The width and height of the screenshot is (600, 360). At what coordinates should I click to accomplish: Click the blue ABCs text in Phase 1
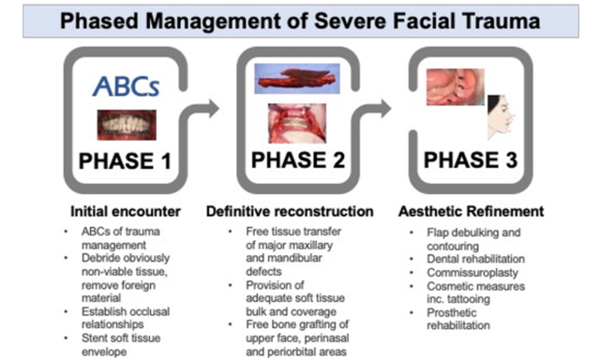126,87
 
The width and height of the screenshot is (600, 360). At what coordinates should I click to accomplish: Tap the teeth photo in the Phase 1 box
126,124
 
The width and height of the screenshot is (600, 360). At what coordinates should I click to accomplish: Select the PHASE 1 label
126,161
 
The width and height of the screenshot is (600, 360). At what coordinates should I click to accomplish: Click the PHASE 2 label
299,161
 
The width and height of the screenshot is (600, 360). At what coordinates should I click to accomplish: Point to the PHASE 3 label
471,161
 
